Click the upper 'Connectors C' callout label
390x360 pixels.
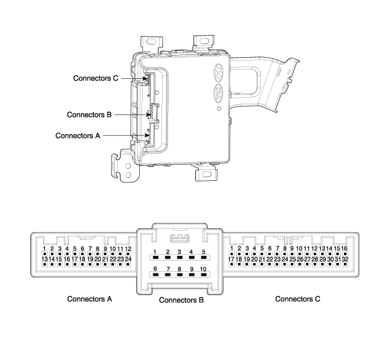pos(95,78)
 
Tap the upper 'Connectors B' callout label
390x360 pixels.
pos(89,115)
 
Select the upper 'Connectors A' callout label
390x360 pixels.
pos(78,135)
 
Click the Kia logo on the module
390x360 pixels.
pos(218,94)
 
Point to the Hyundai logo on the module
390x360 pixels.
pos(219,72)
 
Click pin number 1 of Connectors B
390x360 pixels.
pos(156,257)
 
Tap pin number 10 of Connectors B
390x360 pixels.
pos(204,275)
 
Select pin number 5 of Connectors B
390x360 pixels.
pos(204,257)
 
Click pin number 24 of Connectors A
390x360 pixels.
pos(128,264)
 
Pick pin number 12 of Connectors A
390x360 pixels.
pos(128,254)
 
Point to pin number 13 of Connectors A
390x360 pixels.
pos(44,264)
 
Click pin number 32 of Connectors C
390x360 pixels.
pos(345,264)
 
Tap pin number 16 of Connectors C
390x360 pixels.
pos(345,254)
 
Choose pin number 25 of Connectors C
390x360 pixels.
pos(292,264)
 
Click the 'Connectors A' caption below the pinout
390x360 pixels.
pos(89,299)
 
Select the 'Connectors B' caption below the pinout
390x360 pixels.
pos(181,300)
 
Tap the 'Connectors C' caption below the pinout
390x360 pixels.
pos(298,299)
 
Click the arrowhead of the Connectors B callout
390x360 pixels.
pos(149,115)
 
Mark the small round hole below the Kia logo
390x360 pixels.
pos(219,109)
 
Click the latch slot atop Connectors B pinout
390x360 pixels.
pos(180,239)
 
